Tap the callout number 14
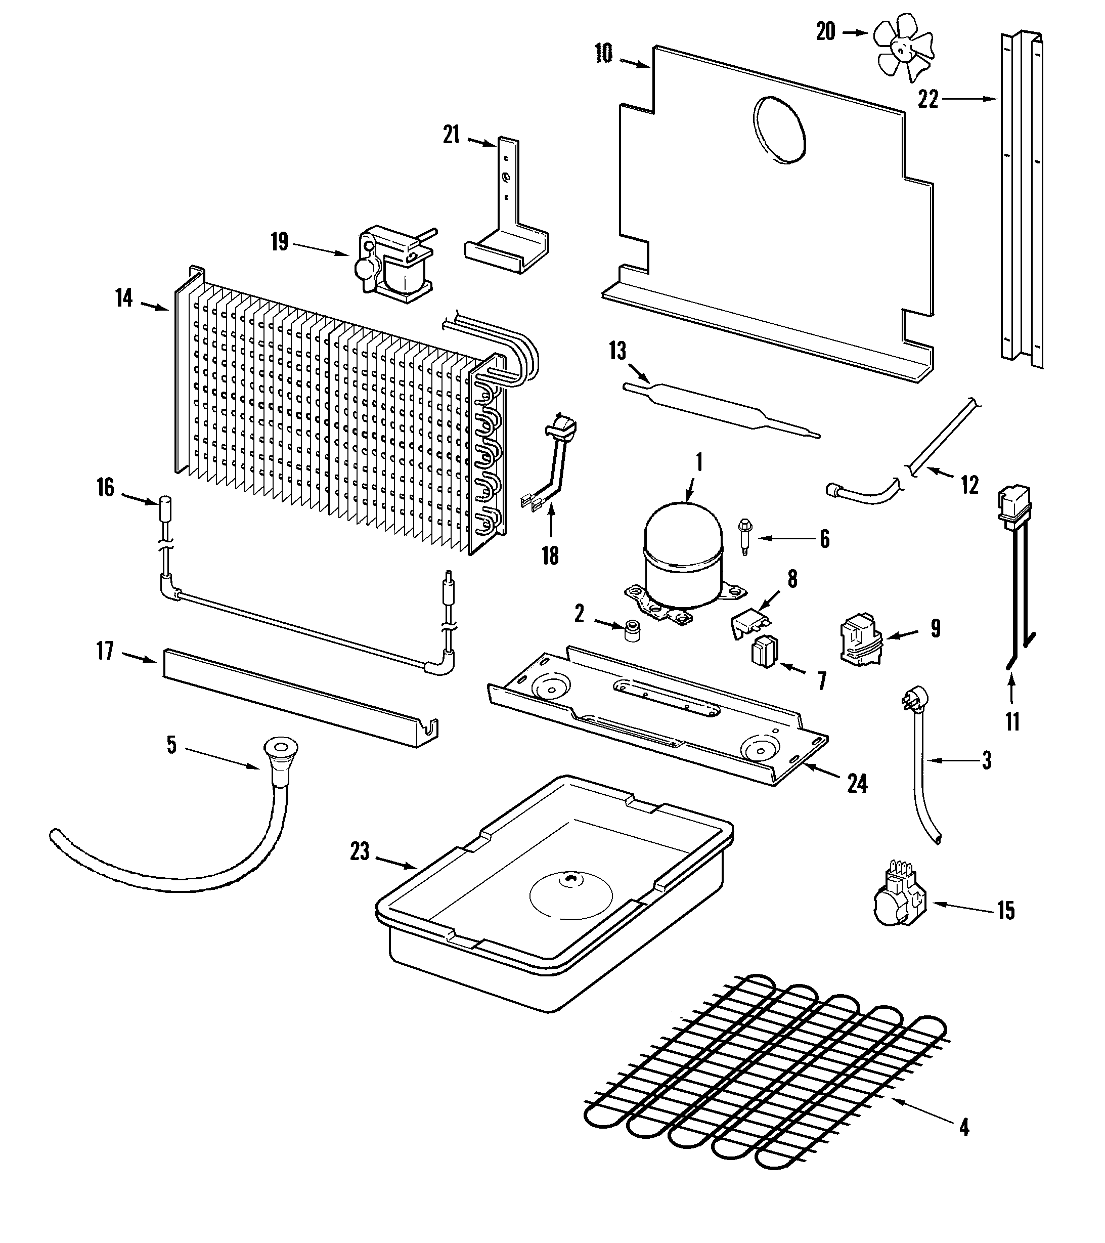pyautogui.click(x=124, y=298)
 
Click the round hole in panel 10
pyautogui.click(x=780, y=130)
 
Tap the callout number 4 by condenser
pyautogui.click(x=964, y=1128)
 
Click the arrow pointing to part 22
pyautogui.click(x=966, y=99)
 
